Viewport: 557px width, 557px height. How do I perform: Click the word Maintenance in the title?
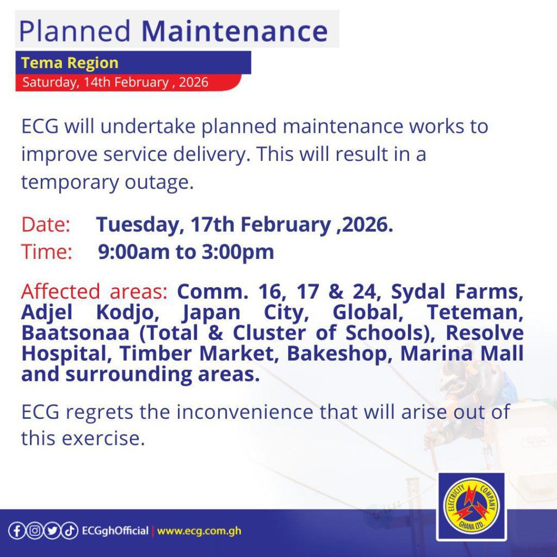(x=234, y=31)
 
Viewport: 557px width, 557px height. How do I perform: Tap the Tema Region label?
(x=70, y=63)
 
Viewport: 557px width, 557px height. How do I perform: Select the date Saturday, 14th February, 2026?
(x=115, y=82)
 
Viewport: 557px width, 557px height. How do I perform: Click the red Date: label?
(x=46, y=225)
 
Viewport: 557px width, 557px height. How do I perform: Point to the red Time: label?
(x=47, y=252)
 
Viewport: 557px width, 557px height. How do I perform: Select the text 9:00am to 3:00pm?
(x=186, y=252)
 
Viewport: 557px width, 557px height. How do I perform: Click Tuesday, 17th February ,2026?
(x=245, y=225)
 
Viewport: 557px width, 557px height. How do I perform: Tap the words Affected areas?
(x=94, y=292)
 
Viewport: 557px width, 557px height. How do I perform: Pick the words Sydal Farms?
(x=457, y=292)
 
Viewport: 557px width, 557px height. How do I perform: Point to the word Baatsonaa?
(x=75, y=333)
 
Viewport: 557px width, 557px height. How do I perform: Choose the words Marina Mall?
(x=462, y=354)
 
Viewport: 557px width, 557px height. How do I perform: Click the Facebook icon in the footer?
(x=16, y=531)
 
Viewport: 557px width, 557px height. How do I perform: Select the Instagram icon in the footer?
(x=34, y=531)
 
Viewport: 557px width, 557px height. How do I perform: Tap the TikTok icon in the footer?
(x=70, y=531)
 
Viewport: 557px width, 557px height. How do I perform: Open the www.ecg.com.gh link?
(x=199, y=531)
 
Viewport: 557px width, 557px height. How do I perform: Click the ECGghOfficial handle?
(x=115, y=531)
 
